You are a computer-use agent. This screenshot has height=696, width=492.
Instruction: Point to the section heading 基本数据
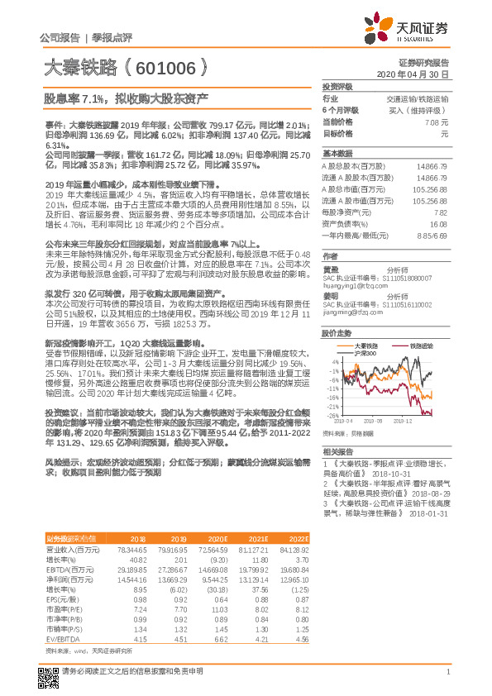click(336, 154)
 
